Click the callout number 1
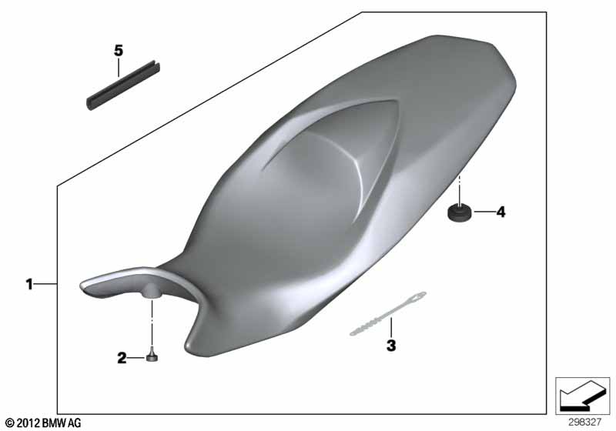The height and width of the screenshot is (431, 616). [x=29, y=284]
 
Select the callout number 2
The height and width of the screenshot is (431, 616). [x=122, y=358]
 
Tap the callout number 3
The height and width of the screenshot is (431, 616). [x=391, y=346]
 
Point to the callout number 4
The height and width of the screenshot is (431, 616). [x=500, y=212]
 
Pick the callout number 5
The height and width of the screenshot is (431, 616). [x=119, y=51]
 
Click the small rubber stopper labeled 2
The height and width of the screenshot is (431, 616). [x=152, y=356]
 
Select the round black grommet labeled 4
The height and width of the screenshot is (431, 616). [x=458, y=212]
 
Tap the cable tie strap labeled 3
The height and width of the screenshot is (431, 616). [x=388, y=314]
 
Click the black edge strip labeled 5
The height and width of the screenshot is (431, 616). [x=123, y=85]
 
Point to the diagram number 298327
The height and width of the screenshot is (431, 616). [x=584, y=423]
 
